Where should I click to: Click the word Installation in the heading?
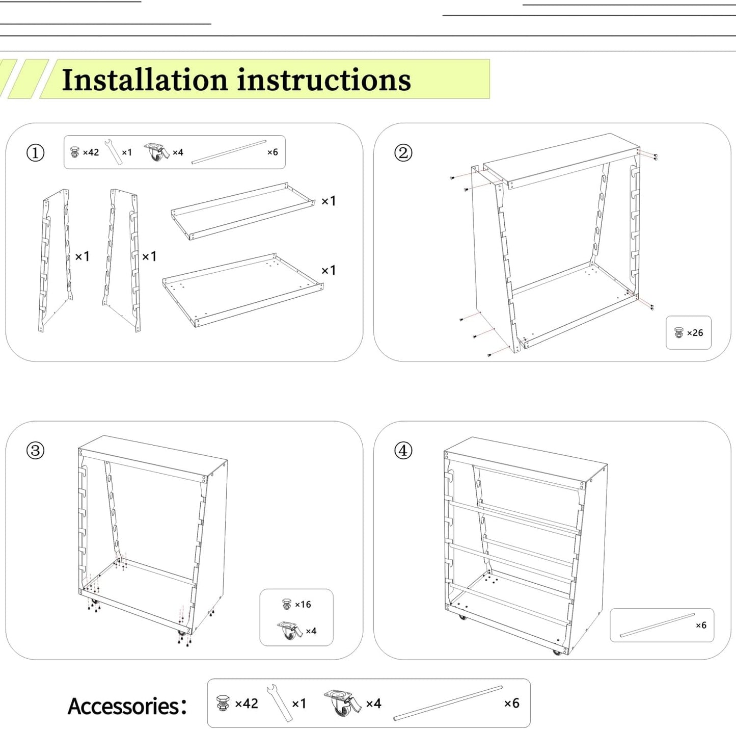[x=144, y=80]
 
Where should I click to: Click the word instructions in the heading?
[x=324, y=80]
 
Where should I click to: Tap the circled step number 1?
[x=35, y=152]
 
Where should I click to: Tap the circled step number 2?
[x=403, y=152]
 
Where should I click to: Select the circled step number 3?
[x=35, y=451]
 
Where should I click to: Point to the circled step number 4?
[x=403, y=451]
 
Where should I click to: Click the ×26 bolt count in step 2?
[x=695, y=333]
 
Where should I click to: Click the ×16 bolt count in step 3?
[x=303, y=605]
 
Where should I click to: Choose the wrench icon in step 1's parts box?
[x=114, y=152]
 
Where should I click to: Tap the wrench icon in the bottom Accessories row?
[x=279, y=703]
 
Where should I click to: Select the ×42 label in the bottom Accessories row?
[x=247, y=704]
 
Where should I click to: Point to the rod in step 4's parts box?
[x=657, y=626]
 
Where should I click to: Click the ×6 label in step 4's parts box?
[x=701, y=626]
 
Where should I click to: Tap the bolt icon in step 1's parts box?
[x=75, y=152]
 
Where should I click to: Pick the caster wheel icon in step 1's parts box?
[x=156, y=151]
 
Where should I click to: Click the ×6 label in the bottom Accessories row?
[x=511, y=704]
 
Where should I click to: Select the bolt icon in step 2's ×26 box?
[x=678, y=333]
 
